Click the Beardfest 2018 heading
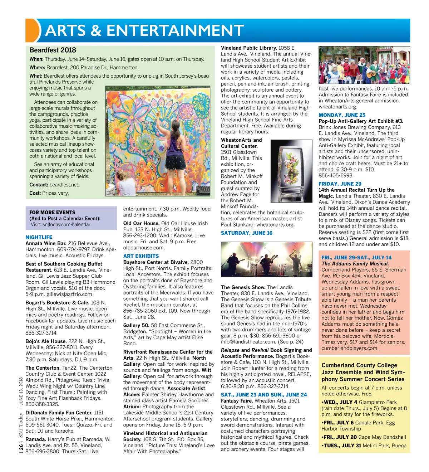pos(53,50)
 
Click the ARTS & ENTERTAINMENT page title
pos(144,31)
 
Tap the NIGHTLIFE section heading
pos(39,237)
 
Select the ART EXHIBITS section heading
pos(141,256)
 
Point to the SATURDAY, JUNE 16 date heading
pos(247,233)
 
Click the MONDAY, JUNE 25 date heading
pos(342,115)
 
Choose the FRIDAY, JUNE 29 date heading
pos(340,184)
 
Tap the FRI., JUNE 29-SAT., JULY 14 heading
pos(356,257)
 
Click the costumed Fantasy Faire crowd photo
pos(364,65)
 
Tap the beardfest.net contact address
pos(64,185)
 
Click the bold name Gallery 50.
pos(136,325)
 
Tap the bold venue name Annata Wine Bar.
pos(46,243)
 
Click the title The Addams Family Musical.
pos(355,263)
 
